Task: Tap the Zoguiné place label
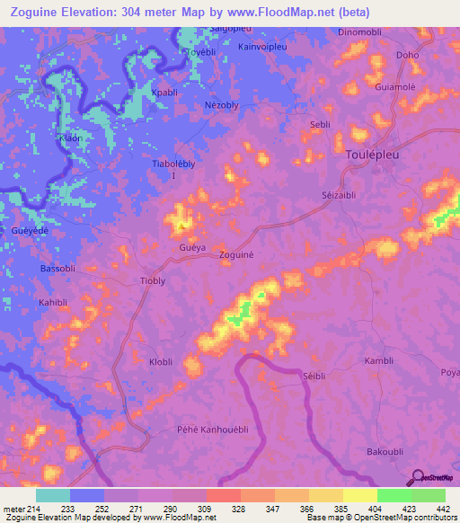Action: [x=238, y=255]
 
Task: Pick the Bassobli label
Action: [x=60, y=269]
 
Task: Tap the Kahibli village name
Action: [x=56, y=303]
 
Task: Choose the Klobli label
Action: [x=161, y=362]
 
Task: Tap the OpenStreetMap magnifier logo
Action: [x=417, y=477]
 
